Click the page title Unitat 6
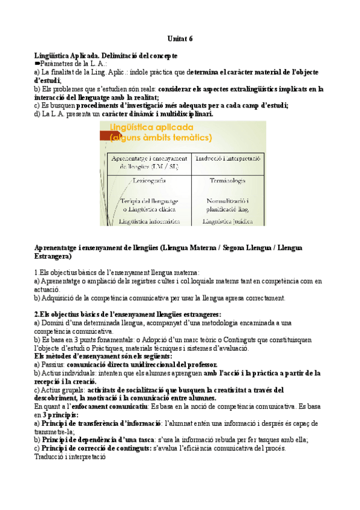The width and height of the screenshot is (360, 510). [180, 38]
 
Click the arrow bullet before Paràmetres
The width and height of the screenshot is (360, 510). [37, 64]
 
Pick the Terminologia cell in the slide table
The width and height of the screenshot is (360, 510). [227, 180]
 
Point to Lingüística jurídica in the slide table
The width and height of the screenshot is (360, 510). [227, 221]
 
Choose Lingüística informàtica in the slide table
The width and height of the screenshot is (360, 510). [149, 221]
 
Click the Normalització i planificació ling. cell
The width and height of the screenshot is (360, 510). [227, 204]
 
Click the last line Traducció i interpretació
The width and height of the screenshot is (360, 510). [70, 456]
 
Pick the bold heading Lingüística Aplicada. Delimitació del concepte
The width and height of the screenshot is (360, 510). [106, 55]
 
